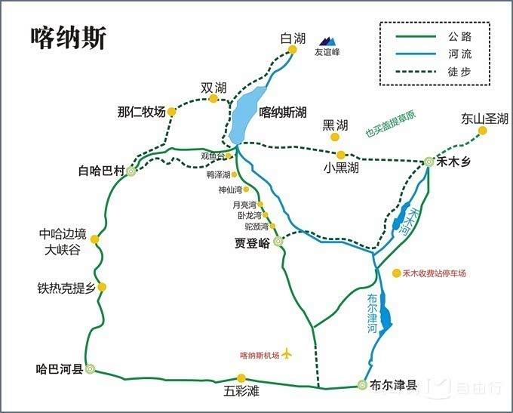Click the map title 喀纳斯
pyautogui.click(x=69, y=38)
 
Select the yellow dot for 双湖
pyautogui.click(x=213, y=99)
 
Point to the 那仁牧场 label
pyautogui.click(x=141, y=112)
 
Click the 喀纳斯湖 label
pyautogui.click(x=282, y=112)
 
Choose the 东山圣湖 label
pyautogui.click(x=484, y=119)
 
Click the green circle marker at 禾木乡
pyautogui.click(x=429, y=161)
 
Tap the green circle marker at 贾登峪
pyautogui.click(x=278, y=242)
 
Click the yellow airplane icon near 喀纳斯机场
pyautogui.click(x=287, y=354)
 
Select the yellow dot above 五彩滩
pyautogui.click(x=241, y=378)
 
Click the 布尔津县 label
pyautogui.click(x=393, y=385)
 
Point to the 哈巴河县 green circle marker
pyautogui.click(x=91, y=369)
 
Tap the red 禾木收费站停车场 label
pyautogui.click(x=434, y=273)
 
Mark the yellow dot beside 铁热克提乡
pyautogui.click(x=102, y=287)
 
